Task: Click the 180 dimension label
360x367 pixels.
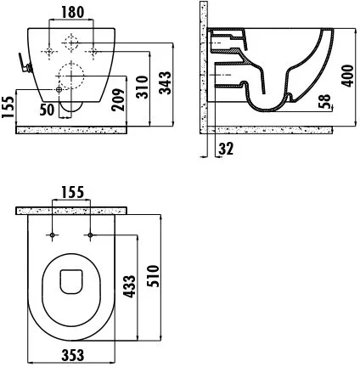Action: [x=73, y=12]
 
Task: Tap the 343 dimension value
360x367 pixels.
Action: [x=165, y=82]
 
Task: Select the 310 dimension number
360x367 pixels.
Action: [x=142, y=87]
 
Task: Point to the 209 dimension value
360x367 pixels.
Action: [x=118, y=99]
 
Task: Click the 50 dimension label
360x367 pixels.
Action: [x=47, y=110]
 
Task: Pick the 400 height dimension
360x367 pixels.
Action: [x=347, y=76]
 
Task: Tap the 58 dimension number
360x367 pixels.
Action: [x=324, y=101]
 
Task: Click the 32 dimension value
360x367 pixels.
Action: [x=226, y=149]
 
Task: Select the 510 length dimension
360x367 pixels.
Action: [x=154, y=276]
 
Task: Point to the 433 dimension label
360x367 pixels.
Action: [x=130, y=286]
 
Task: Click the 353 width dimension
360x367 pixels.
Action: [x=73, y=355]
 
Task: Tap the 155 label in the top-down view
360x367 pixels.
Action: [x=73, y=192]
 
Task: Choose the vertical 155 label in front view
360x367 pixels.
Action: [x=8, y=107]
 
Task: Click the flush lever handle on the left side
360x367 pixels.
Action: [x=25, y=63]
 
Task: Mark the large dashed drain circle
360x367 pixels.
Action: [x=71, y=76]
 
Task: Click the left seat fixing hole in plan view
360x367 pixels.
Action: [x=53, y=234]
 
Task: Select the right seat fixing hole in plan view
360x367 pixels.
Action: [x=90, y=234]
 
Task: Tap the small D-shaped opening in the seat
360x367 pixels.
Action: [x=71, y=281]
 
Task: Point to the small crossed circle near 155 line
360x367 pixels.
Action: [x=59, y=90]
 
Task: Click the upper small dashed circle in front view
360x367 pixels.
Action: [x=71, y=43]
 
